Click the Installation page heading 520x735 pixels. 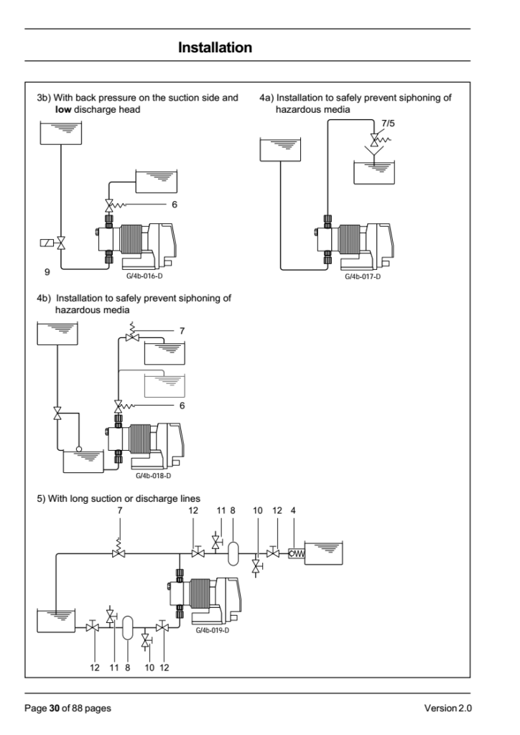click(x=215, y=47)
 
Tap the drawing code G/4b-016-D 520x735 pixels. click(x=144, y=276)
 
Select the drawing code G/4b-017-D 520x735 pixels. click(x=363, y=276)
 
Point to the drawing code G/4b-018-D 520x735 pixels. click(x=153, y=476)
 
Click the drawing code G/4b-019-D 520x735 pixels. click(x=212, y=630)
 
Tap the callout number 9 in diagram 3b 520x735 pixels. click(x=47, y=272)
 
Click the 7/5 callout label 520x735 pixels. click(x=389, y=123)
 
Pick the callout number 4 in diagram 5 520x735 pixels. click(x=293, y=510)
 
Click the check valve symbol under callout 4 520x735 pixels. click(x=297, y=553)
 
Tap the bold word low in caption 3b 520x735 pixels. click(x=63, y=110)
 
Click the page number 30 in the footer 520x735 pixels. click(x=55, y=708)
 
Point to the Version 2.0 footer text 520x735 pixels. click(x=447, y=708)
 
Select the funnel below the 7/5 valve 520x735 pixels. click(x=374, y=152)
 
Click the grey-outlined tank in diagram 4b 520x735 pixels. click(x=164, y=386)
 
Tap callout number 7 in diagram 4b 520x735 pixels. click(x=182, y=331)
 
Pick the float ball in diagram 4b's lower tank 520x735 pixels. click(x=79, y=449)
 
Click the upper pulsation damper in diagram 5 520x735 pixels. click(x=233, y=553)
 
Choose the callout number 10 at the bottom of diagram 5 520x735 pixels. click(x=149, y=668)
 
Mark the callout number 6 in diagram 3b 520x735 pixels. click(x=175, y=205)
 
